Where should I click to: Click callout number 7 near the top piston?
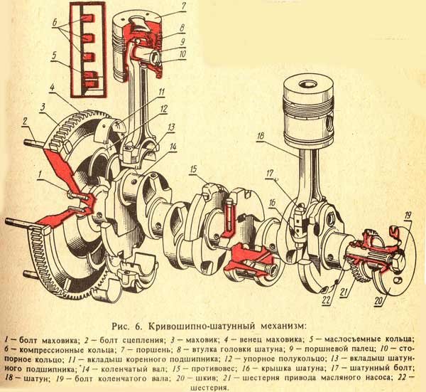pyautogui.click(x=182, y=6)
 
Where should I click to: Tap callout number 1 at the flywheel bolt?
pyautogui.click(x=40, y=171)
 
